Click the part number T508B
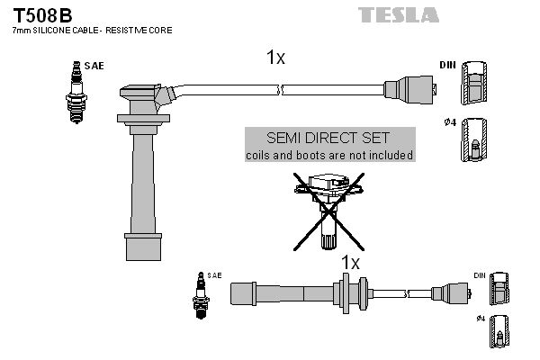40,13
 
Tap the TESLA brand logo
399,14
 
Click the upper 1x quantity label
275,58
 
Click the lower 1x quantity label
350,262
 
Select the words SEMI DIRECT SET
329,138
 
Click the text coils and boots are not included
329,155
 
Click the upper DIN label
447,66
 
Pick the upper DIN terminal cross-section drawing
475,88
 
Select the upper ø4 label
448,122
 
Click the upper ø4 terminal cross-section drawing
475,141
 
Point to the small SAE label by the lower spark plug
214,274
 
